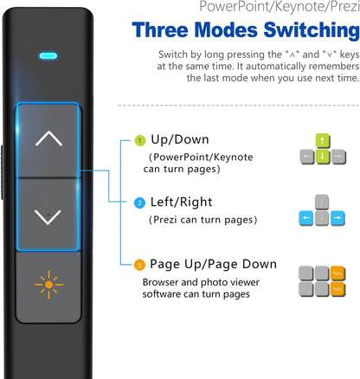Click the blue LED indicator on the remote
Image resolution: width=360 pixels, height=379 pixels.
click(48, 55)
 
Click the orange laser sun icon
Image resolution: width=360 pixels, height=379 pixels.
click(48, 285)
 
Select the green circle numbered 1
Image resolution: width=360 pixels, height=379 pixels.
click(140, 141)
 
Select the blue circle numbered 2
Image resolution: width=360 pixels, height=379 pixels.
click(139, 203)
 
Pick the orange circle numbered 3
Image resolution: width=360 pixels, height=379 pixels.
click(139, 265)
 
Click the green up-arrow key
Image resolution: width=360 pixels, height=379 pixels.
click(323, 141)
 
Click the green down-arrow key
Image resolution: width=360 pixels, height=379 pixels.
click(323, 157)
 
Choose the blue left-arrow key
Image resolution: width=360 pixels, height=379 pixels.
click(306, 218)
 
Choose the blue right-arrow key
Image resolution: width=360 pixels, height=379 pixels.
click(337, 218)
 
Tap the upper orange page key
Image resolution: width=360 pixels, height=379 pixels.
click(337, 273)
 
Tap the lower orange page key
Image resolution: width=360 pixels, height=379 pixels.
click(337, 289)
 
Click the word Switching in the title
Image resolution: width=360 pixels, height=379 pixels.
click(312, 30)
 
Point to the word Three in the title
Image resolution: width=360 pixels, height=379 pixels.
click(160, 30)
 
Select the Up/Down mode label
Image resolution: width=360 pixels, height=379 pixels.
click(180, 139)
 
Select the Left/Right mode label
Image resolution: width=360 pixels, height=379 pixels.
click(181, 202)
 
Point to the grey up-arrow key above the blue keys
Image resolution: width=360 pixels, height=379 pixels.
click(322, 202)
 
